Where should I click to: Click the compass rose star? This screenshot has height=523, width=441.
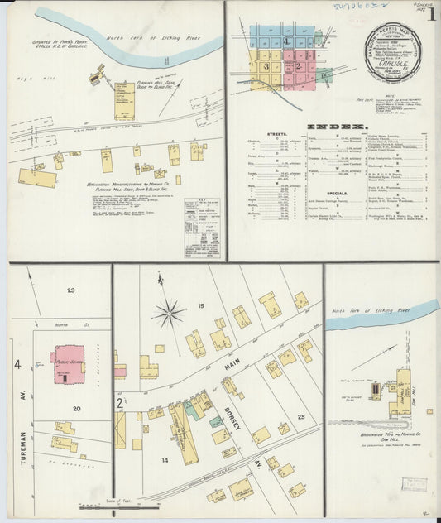[x=169, y=314]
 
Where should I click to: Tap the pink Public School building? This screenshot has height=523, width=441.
[x=70, y=365]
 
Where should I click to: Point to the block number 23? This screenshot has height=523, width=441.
[x=71, y=290]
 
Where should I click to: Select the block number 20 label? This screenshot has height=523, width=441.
[x=75, y=408]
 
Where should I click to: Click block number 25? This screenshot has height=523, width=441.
[x=302, y=416]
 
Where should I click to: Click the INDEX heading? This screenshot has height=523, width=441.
[x=337, y=127]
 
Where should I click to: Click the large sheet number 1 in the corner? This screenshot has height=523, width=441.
[x=430, y=14]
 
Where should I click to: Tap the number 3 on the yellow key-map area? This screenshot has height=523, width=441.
[x=266, y=65]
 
